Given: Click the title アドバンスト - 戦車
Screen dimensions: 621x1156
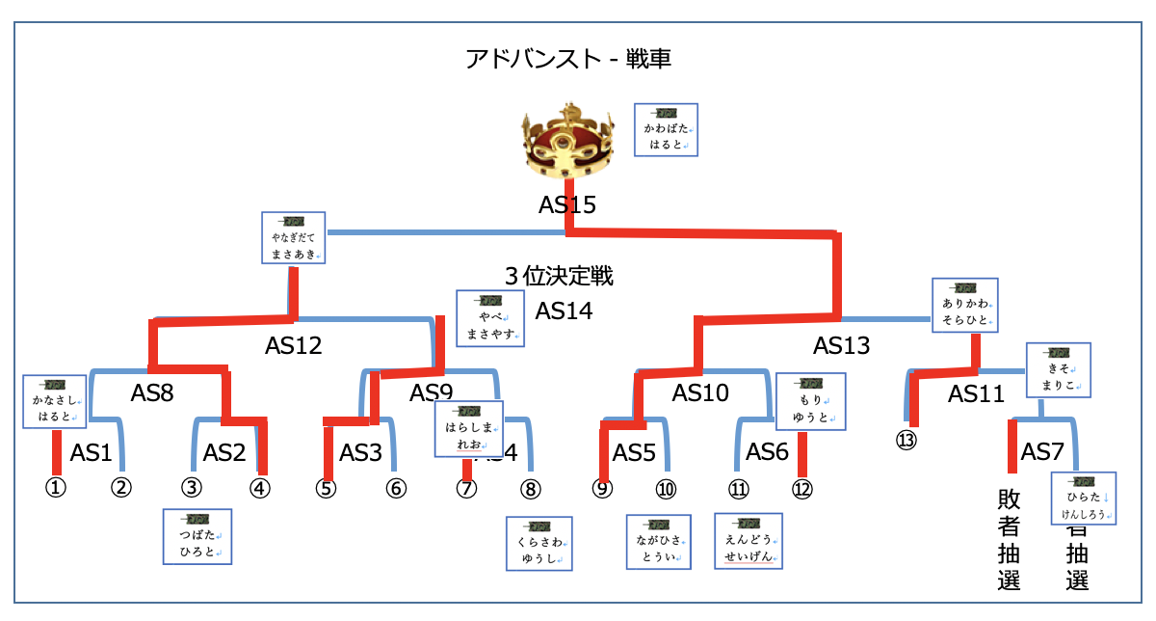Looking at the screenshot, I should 567,60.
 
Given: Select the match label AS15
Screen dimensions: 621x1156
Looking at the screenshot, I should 567,204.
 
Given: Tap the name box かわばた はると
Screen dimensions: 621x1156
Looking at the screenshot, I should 666,129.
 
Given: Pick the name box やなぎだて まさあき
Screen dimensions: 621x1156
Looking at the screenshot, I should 294,238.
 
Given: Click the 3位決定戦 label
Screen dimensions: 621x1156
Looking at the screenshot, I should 559,277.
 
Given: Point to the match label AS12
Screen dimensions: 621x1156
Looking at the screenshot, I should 294,345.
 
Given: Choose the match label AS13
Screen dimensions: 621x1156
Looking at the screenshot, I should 841,345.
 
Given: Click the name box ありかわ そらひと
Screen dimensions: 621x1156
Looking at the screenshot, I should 964,306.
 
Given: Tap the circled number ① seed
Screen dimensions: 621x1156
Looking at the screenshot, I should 56,487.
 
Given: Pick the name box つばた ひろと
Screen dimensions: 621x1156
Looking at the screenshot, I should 197,536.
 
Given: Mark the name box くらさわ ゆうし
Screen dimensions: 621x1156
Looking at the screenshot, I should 539,543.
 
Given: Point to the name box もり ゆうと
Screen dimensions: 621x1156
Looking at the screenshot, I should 810,401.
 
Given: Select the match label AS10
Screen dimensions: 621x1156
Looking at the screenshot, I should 700,392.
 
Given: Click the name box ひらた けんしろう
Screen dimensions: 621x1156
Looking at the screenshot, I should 1084,498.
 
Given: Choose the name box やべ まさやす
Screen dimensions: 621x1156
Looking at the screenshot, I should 490,318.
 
